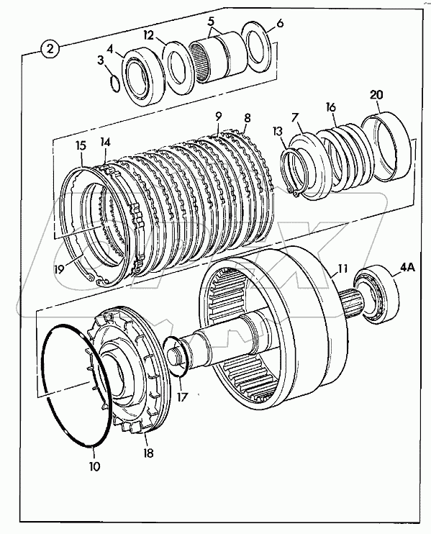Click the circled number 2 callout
pos(50,50)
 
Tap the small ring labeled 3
pos(115,83)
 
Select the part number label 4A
pos(407,268)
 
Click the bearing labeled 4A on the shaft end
pos(376,293)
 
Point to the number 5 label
pos(211,22)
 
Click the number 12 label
pos(148,35)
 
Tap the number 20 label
pos(376,95)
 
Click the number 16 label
pos(330,107)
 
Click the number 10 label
pos(95,466)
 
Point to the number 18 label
pos(148,453)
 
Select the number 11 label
pos(342,268)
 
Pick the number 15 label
pos(81,146)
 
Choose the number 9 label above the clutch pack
pos(218,116)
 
